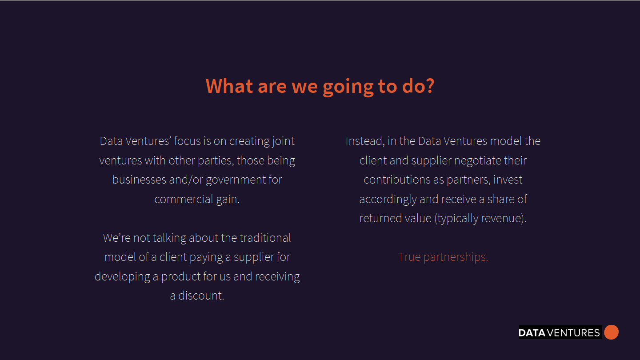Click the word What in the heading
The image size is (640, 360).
(229, 86)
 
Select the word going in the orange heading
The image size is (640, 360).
(348, 87)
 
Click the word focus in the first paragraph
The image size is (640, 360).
(187, 141)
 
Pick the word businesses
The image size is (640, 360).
(139, 180)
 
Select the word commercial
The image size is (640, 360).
(184, 199)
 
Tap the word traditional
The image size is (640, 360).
(265, 238)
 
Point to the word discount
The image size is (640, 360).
(201, 296)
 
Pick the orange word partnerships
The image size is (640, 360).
(456, 257)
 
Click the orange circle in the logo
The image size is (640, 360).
(611, 332)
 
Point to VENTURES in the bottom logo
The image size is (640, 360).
(573, 333)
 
